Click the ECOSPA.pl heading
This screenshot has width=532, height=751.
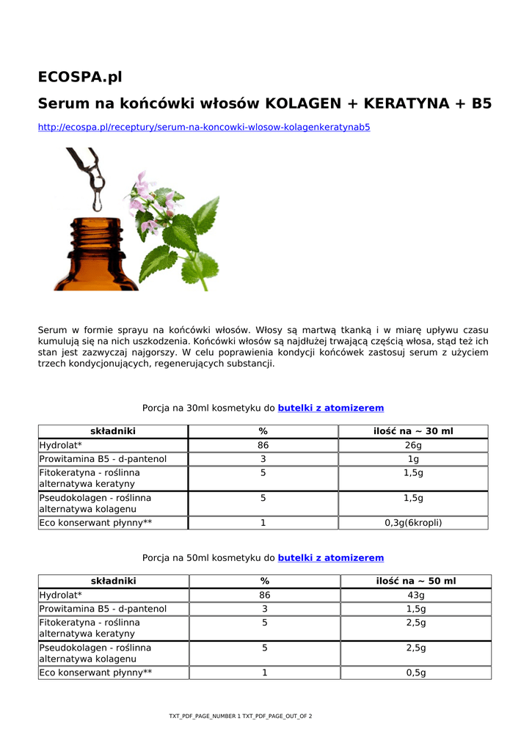click(80, 77)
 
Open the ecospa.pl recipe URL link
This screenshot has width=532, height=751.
click(204, 128)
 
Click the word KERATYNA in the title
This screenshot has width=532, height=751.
click(407, 103)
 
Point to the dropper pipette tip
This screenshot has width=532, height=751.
click(96, 205)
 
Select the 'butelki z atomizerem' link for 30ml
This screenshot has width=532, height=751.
click(330, 408)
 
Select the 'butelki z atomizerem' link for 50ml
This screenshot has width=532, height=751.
click(330, 558)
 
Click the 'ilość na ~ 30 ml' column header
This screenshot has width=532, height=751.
click(413, 431)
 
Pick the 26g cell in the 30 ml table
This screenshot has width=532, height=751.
click(413, 446)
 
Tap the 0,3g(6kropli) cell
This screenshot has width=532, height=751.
click(413, 523)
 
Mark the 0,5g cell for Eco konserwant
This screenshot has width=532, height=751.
click(415, 673)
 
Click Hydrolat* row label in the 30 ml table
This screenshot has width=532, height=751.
click(60, 446)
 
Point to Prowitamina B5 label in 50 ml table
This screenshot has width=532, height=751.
click(103, 609)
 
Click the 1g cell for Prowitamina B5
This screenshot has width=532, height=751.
click(413, 459)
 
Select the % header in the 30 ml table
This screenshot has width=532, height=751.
click(263, 431)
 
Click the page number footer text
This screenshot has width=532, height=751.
click(240, 716)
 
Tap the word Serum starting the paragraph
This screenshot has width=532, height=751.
click(52, 331)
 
